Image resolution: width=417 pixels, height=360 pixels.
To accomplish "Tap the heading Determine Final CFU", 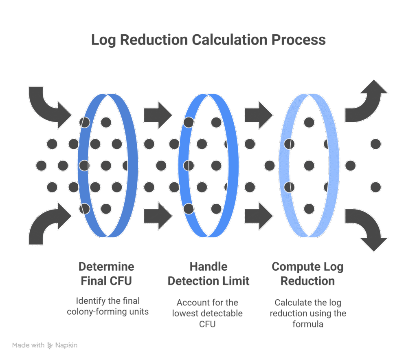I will tap(106, 274).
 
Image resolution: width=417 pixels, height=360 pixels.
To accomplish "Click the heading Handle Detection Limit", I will tap(208, 274).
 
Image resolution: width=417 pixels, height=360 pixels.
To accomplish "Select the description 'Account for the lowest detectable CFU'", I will tap(208, 313).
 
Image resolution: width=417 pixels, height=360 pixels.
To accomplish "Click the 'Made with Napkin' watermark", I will tap(45, 345).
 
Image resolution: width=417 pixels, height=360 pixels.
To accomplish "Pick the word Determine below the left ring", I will tap(106, 267).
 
